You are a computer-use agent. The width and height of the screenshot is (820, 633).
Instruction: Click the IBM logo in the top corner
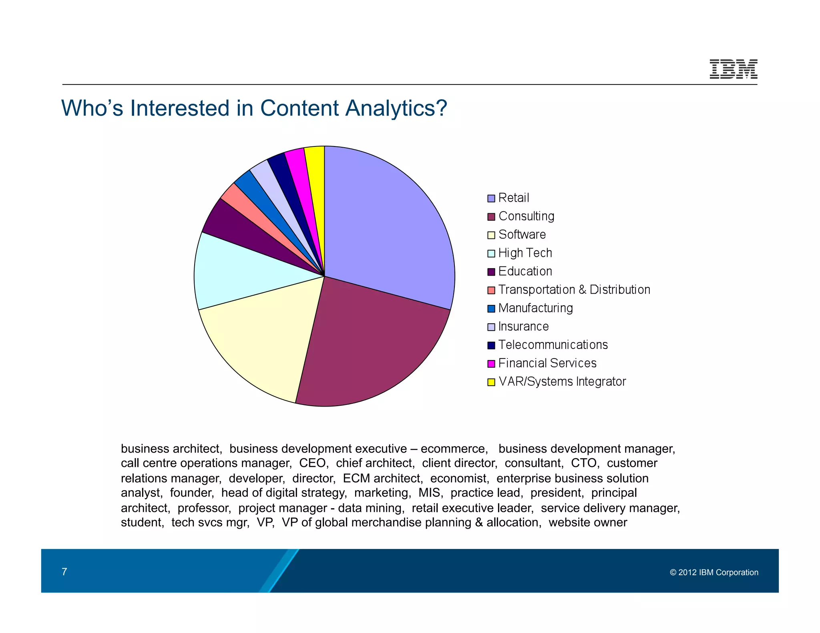tap(733, 69)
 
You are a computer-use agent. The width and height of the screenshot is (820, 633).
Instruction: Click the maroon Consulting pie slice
tap(368, 344)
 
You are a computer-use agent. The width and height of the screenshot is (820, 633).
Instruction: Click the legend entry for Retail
tap(513, 198)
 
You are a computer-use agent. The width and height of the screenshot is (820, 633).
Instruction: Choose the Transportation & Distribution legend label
tap(574, 290)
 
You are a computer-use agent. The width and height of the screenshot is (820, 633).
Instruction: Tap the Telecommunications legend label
tap(553, 345)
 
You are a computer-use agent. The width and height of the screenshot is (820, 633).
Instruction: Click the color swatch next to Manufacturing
tap(491, 309)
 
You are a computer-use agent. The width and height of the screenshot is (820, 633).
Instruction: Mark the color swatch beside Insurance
tap(491, 327)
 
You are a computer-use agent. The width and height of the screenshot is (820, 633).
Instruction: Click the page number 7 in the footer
tap(64, 572)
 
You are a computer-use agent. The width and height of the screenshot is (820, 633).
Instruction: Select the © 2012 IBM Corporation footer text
tap(714, 573)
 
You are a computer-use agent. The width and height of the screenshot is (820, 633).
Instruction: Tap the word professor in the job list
tap(204, 508)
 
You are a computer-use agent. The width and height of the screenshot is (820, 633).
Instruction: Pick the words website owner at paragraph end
tap(587, 523)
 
